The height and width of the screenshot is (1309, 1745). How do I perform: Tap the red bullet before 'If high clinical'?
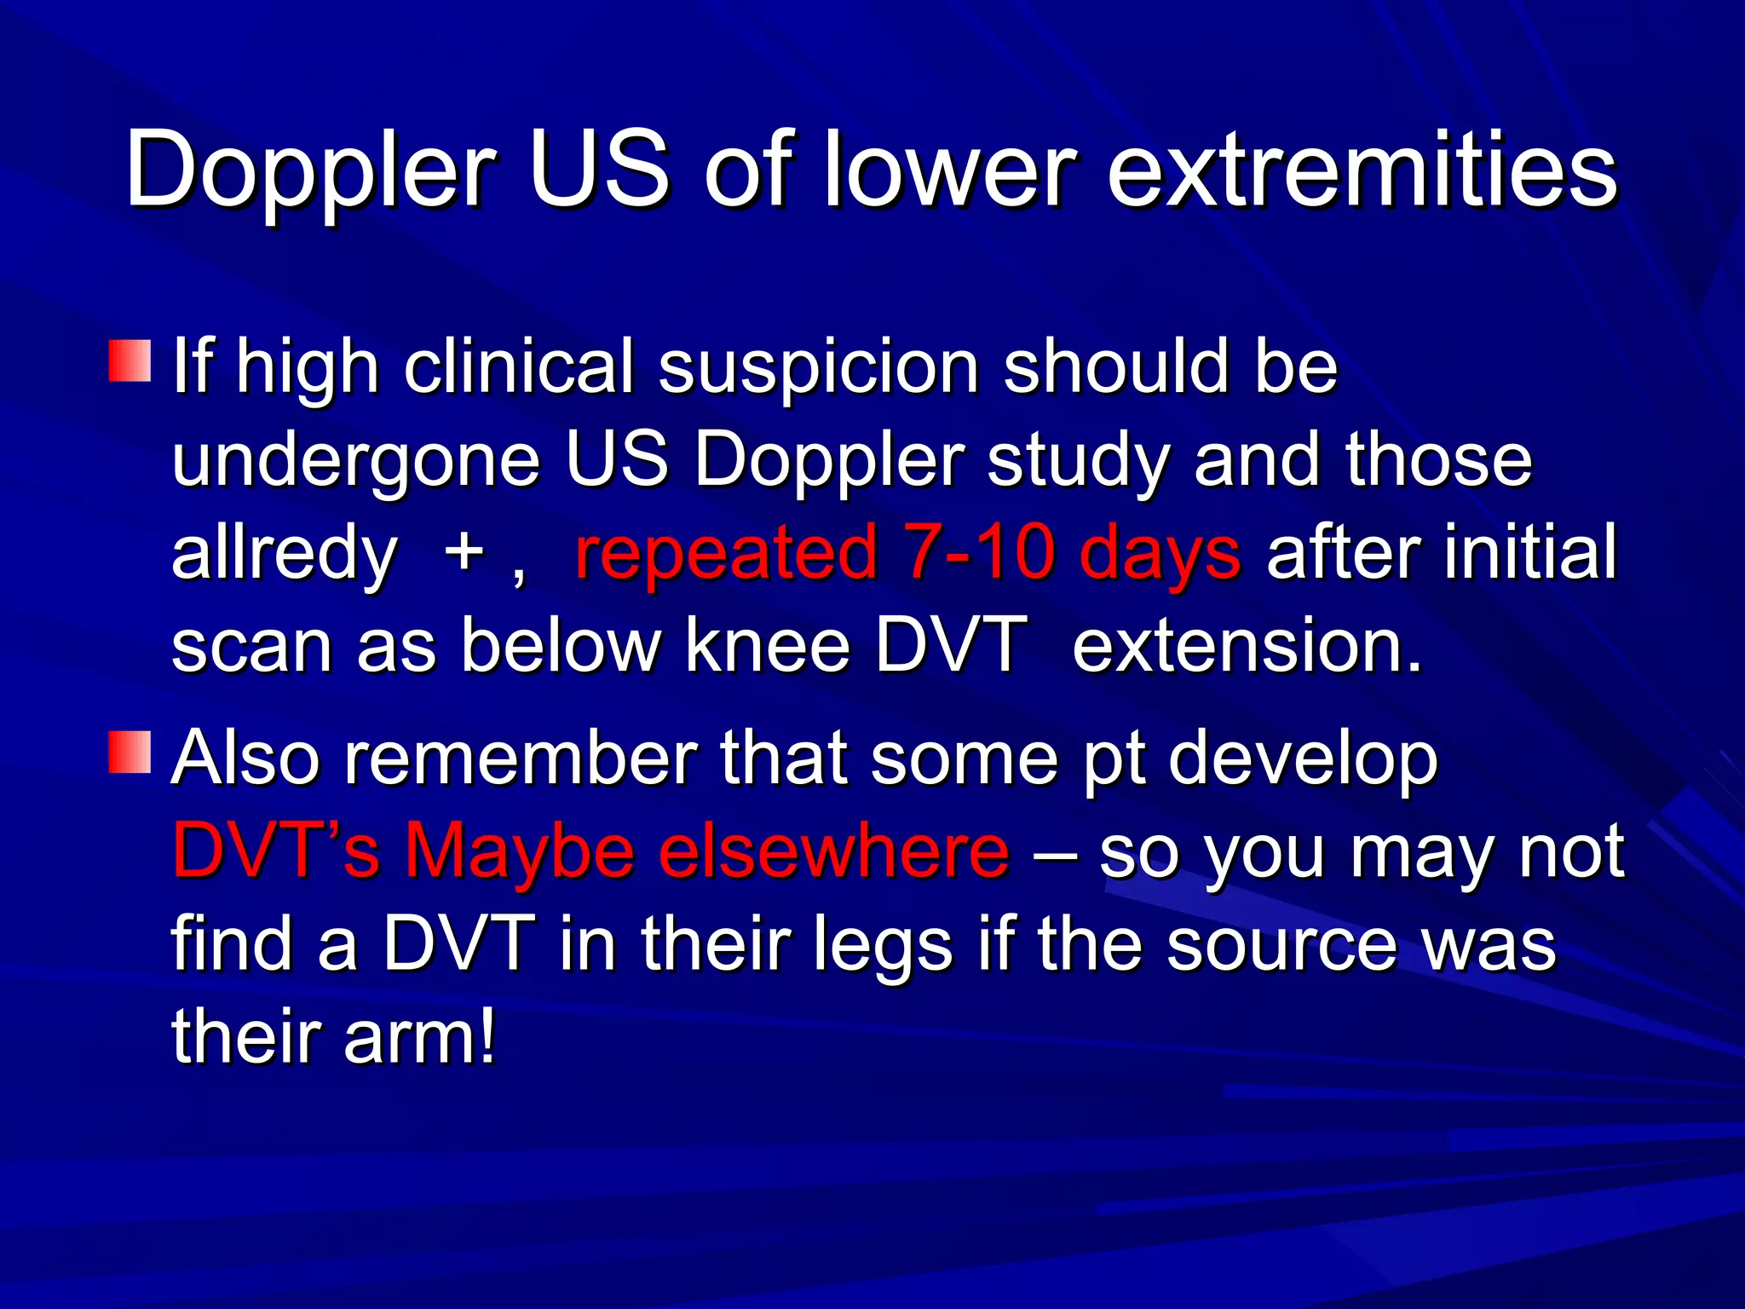[130, 360]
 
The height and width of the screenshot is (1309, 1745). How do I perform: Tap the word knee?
[768, 646]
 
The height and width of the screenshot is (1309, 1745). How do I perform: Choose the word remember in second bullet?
[520, 758]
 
